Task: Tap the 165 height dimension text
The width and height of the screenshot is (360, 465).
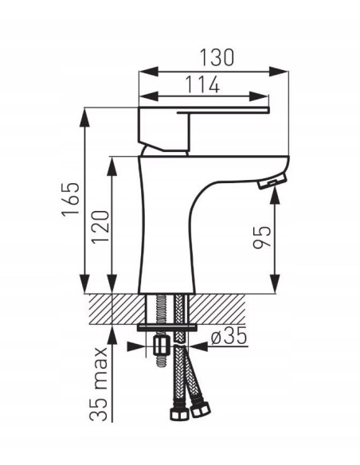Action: click(x=70, y=200)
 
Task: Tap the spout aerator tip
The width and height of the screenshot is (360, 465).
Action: click(x=271, y=182)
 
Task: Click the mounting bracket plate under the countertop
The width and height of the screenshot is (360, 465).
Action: click(x=167, y=326)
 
